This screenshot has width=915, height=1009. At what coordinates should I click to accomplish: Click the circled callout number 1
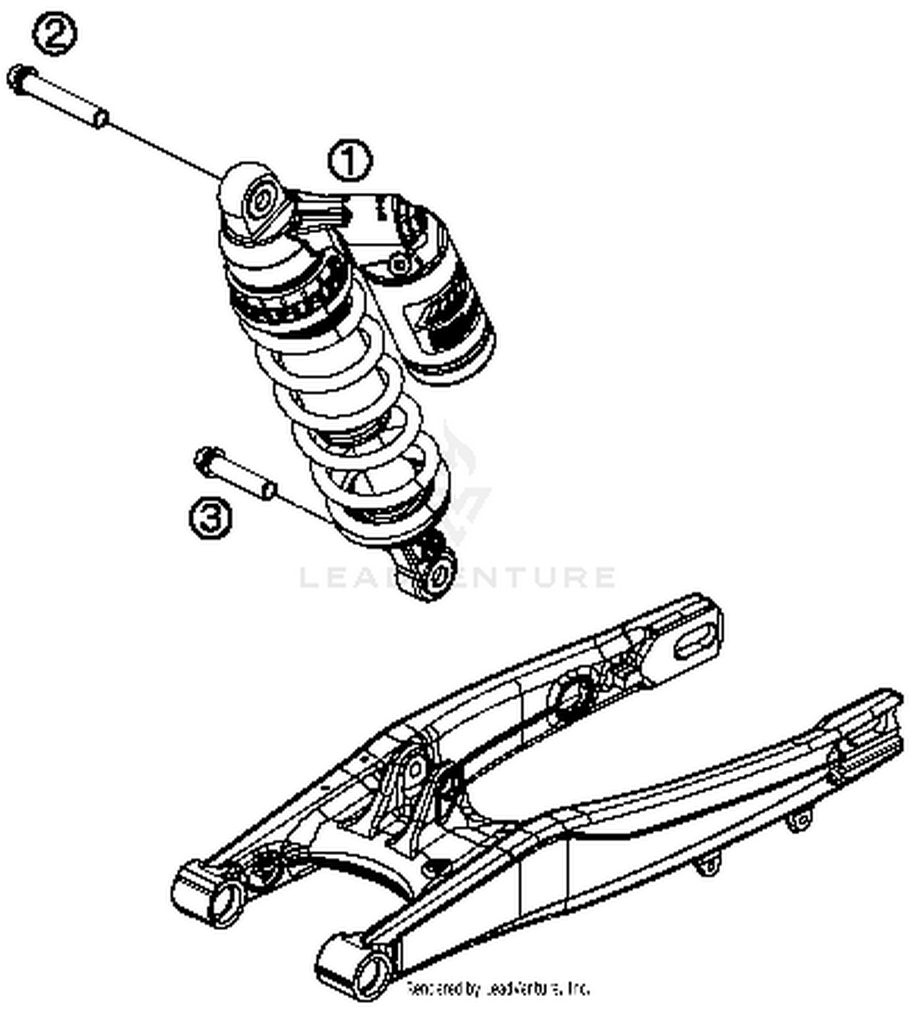coord(350,161)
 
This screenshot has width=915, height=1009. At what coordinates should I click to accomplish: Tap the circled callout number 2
coord(54,35)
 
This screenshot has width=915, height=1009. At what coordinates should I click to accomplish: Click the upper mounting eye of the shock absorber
coord(260,202)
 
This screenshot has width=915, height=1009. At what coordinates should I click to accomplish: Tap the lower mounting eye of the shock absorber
coord(438,573)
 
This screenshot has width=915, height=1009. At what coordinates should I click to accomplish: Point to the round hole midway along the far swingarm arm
coord(571,698)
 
